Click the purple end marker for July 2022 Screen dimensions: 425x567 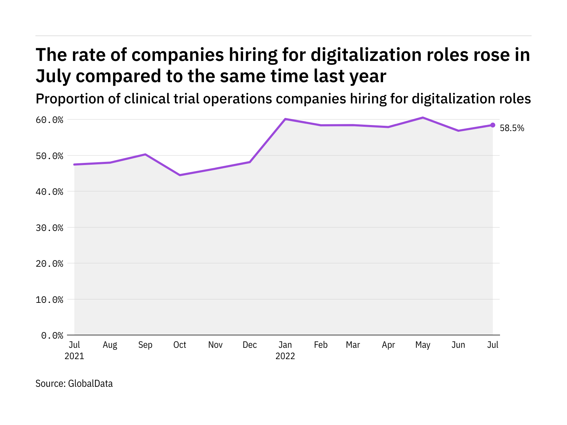(493, 125)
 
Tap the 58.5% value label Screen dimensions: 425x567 (512, 128)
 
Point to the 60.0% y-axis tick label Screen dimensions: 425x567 (49, 120)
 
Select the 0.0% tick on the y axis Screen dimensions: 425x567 (52, 335)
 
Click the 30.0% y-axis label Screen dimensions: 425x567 (49, 228)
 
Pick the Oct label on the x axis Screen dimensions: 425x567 (180, 345)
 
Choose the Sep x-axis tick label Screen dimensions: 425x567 (145, 345)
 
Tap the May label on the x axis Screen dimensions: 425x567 (423, 345)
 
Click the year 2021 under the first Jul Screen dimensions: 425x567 (74, 356)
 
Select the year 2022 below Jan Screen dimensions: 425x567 (285, 356)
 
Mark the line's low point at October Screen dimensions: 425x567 (180, 175)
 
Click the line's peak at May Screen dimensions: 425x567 (423, 118)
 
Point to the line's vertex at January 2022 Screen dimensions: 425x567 (285, 119)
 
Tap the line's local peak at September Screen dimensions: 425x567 (145, 154)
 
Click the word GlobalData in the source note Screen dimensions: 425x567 (90, 384)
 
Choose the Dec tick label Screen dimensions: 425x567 (250, 345)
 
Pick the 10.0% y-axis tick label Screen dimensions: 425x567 (49, 300)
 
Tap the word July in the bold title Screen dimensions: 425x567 (53, 76)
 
